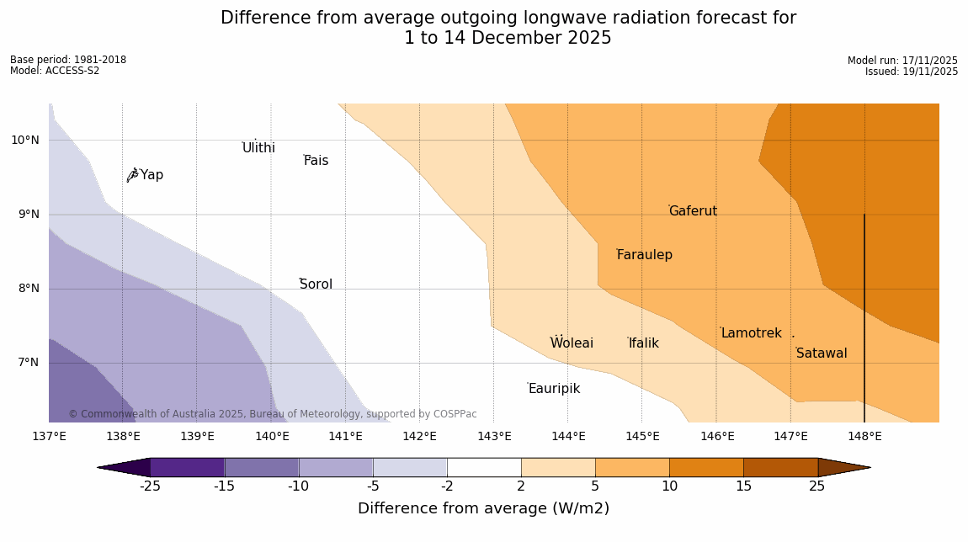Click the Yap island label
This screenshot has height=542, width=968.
pos(152,175)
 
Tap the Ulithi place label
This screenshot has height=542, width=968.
pos(258,148)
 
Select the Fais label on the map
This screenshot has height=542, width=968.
pos(316,161)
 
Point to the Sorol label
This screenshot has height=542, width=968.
pos(316,284)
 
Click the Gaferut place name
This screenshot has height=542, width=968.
pos(693,211)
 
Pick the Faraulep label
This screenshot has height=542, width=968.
pos(644,255)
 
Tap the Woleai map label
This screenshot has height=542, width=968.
pos(572,343)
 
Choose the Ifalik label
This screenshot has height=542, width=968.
pos(643,343)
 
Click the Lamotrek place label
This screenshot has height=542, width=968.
pos(751,333)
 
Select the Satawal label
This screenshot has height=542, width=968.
pos(822,353)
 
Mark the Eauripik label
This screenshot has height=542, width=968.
pos(554,389)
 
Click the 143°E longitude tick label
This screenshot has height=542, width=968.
pos(494,436)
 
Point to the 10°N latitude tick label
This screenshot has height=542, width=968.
pos(25,141)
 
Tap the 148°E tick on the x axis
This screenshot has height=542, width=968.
pos(864,436)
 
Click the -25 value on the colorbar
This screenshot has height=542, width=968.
pos(150,486)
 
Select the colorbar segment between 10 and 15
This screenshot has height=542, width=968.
pos(706,467)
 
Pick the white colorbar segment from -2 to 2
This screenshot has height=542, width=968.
pos(484,467)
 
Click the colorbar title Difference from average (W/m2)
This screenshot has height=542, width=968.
pos(483,508)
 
